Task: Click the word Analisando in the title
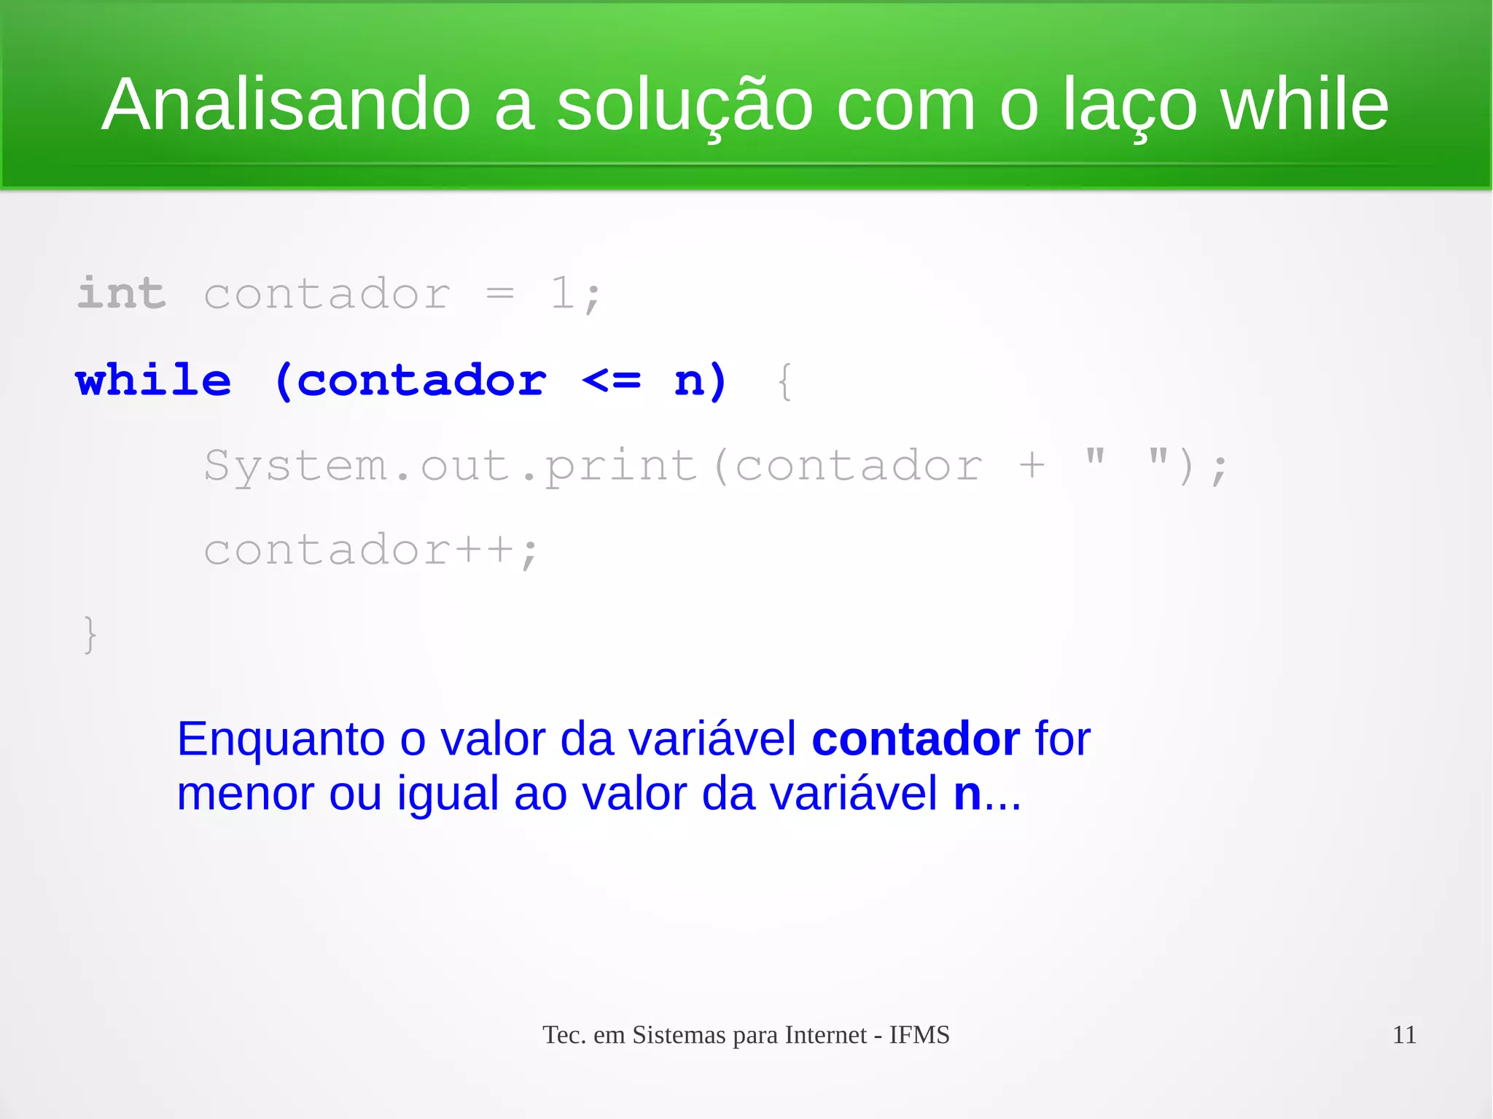(286, 105)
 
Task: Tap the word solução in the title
(685, 106)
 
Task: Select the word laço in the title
(1129, 106)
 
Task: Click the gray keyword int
(122, 293)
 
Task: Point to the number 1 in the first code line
(562, 293)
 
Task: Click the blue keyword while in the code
(153, 380)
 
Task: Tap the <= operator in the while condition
(612, 380)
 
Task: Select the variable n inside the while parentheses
(689, 380)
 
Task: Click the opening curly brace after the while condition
(784, 381)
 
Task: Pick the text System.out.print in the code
(451, 465)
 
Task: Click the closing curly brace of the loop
(90, 634)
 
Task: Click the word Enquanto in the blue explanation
(281, 739)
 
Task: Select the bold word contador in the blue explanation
(916, 739)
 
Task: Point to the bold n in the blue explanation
(967, 794)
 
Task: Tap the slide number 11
(1404, 1035)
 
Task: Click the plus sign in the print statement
(1032, 465)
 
